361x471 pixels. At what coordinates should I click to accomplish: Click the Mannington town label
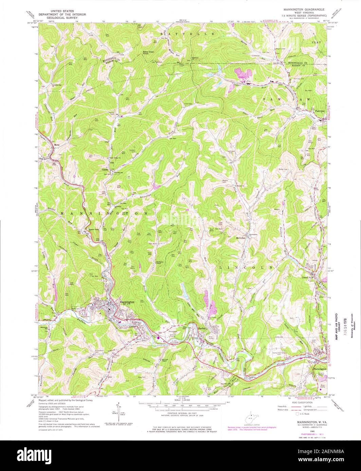click(x=126, y=302)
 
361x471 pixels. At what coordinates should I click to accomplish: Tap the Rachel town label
click(x=203, y=328)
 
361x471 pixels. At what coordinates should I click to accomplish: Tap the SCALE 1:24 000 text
click(x=183, y=400)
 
